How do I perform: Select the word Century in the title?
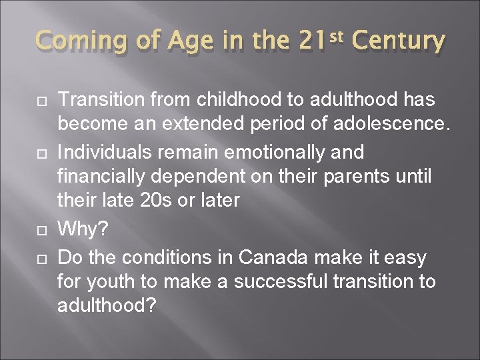(397, 41)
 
